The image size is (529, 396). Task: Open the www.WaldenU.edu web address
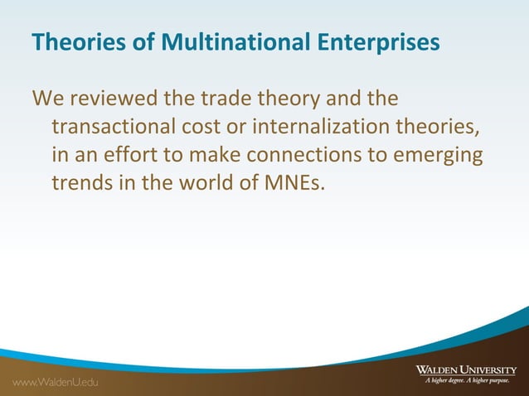[x=54, y=382]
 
